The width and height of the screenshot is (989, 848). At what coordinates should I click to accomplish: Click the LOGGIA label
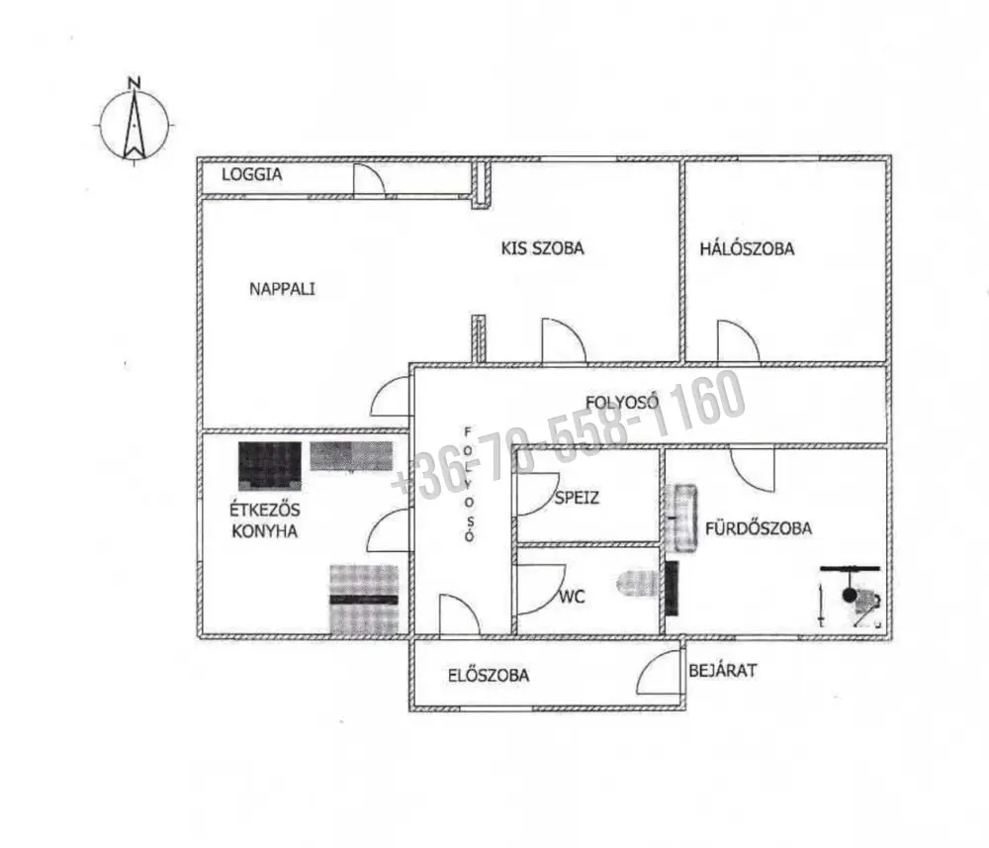251,175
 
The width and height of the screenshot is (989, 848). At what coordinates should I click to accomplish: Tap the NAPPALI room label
282,289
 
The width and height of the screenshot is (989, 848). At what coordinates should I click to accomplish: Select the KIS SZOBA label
542,248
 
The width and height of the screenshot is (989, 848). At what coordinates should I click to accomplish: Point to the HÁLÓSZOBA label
747,248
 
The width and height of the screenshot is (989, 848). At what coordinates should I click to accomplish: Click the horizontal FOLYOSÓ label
622,402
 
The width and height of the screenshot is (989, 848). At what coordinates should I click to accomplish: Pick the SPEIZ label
577,498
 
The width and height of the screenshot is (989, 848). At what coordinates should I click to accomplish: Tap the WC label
572,597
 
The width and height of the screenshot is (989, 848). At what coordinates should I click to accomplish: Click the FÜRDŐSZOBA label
759,528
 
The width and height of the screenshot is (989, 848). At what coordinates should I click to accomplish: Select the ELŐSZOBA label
489,675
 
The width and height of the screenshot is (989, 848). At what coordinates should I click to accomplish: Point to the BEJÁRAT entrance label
722,670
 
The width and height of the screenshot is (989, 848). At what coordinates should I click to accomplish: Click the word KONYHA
265,531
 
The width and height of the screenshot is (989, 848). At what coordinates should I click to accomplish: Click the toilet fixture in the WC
638,583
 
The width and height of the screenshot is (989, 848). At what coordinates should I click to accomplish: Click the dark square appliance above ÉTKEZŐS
269,466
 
